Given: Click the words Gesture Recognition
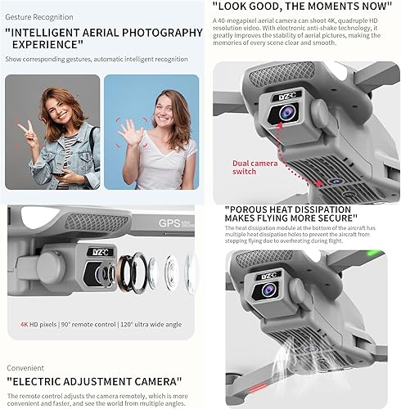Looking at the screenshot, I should click(38, 17).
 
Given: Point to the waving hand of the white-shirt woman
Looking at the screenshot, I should click(128, 129).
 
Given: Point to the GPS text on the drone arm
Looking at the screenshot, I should click(170, 223).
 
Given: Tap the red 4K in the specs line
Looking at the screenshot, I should click(25, 324).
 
